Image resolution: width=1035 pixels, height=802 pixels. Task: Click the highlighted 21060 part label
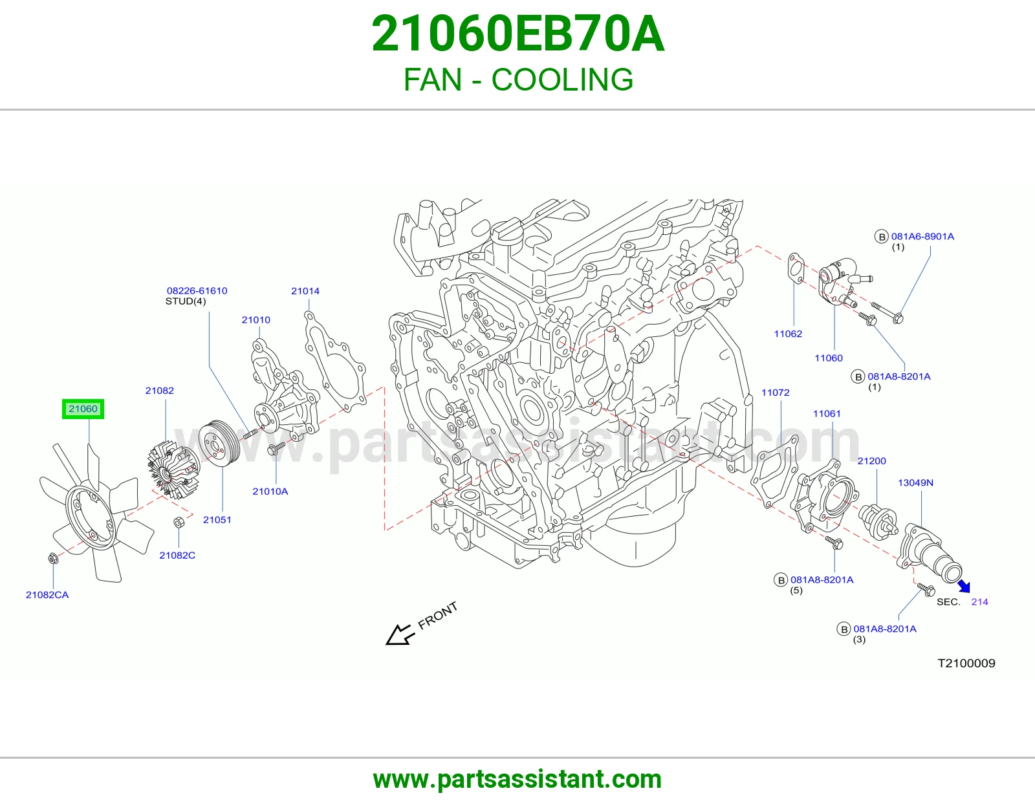click(x=83, y=409)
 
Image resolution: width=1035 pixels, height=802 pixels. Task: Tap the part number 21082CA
click(x=47, y=595)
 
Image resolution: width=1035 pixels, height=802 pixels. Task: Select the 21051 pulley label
click(x=217, y=519)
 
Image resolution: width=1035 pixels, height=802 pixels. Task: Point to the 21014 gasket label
click(x=305, y=291)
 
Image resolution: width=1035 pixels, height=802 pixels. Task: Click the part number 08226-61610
click(x=197, y=290)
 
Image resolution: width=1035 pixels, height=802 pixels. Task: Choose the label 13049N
click(x=915, y=482)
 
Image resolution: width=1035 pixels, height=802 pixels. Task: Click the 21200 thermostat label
click(x=871, y=461)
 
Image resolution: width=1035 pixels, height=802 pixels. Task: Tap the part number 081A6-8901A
click(x=922, y=236)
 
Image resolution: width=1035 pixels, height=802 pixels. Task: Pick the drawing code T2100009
click(x=966, y=664)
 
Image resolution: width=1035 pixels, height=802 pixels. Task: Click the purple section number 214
click(x=980, y=602)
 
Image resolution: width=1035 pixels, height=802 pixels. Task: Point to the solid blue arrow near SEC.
click(x=964, y=586)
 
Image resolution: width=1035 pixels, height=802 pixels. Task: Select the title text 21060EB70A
click(x=517, y=34)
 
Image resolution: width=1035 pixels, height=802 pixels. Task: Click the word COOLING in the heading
click(x=562, y=80)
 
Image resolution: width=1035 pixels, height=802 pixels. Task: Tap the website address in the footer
click(x=517, y=779)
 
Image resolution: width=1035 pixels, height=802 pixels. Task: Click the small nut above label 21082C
click(x=178, y=523)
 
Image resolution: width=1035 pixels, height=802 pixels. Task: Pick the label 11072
click(x=776, y=393)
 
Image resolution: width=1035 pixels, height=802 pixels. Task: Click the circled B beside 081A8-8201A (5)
click(x=781, y=580)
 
